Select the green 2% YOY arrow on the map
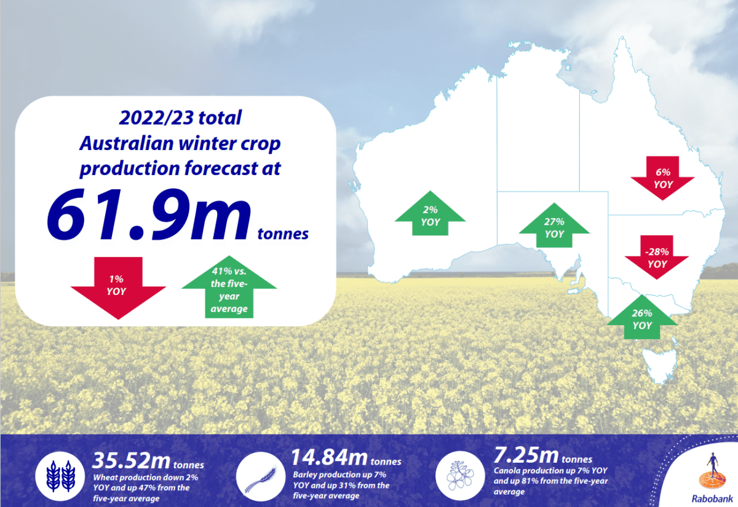tap(430, 213)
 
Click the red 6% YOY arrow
tap(662, 178)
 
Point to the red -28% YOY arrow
tap(657, 257)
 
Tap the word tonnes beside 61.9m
tap(283, 234)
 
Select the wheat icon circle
tap(60, 476)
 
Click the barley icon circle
tap(261, 476)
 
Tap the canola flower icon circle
tap(460, 476)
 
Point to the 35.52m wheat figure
tap(131, 460)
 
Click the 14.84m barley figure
tap(329, 457)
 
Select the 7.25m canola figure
tap(526, 455)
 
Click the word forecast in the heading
tap(221, 168)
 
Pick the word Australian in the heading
tap(127, 143)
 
